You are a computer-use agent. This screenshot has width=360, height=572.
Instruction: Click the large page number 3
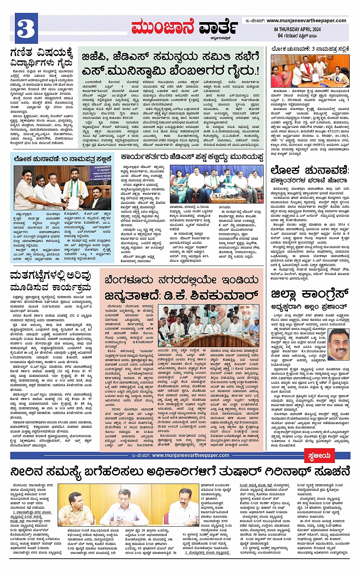[26, 28]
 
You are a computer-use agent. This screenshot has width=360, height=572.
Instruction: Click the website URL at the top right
[306, 21]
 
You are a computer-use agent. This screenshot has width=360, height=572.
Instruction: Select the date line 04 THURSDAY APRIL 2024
[297, 29]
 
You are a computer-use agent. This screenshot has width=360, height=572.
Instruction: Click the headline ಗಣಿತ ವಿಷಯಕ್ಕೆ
[41, 52]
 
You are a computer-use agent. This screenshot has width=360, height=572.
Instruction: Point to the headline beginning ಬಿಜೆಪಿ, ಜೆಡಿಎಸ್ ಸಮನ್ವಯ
[171, 57]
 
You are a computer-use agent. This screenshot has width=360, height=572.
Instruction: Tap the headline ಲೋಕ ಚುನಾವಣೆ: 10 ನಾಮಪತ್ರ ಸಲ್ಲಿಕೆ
[62, 159]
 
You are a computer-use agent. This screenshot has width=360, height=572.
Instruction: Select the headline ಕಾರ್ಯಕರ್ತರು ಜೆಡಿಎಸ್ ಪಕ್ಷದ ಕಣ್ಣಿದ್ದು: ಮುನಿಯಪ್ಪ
[192, 157]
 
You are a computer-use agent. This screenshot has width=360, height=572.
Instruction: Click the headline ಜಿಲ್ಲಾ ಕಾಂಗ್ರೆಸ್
[310, 294]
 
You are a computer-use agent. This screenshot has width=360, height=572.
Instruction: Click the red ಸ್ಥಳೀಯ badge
[319, 456]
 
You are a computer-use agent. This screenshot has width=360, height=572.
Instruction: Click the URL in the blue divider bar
[190, 455]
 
